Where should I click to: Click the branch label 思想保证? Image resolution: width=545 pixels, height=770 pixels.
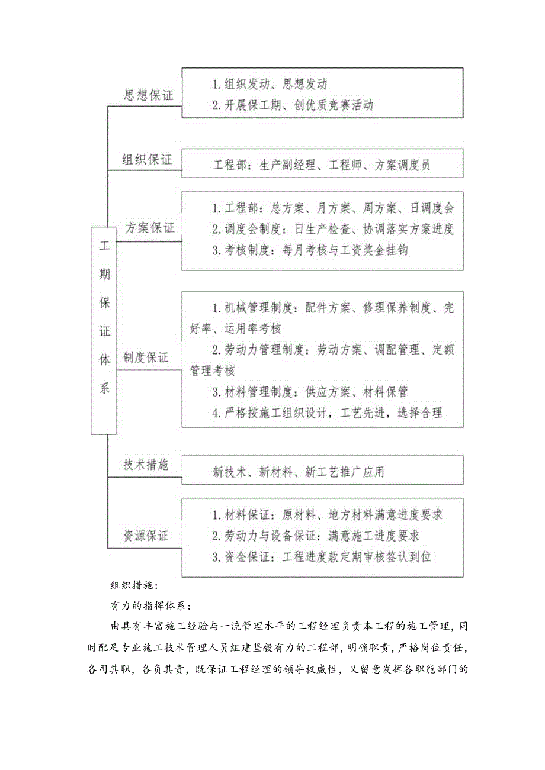(x=148, y=96)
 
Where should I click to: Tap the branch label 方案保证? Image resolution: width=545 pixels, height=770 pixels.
(x=150, y=228)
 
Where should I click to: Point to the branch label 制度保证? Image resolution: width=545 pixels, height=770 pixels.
(x=146, y=358)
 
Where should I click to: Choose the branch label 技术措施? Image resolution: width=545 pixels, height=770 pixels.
(x=146, y=465)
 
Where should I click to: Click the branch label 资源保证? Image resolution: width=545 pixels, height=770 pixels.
(x=146, y=536)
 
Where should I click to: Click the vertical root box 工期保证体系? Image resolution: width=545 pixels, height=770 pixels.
(x=104, y=330)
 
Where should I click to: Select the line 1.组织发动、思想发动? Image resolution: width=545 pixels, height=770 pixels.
(x=270, y=84)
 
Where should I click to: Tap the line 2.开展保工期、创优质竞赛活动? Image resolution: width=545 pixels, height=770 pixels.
(x=293, y=105)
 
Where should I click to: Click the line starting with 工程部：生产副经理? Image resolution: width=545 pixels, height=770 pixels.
(x=322, y=166)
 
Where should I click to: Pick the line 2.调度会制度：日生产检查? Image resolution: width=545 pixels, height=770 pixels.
(x=333, y=229)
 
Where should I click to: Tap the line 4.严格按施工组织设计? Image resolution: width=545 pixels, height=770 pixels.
(x=327, y=413)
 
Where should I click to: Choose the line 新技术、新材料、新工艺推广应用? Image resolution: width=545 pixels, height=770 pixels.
(x=299, y=472)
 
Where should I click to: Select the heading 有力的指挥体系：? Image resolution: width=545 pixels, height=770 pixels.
(x=149, y=605)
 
